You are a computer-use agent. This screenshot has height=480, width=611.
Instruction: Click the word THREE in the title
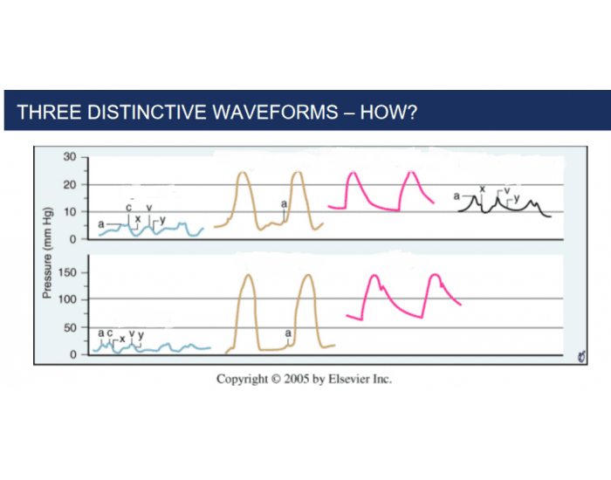click(x=45, y=113)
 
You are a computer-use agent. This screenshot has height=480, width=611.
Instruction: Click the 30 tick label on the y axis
click(x=70, y=157)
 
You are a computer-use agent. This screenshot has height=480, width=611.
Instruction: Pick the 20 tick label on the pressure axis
click(x=70, y=185)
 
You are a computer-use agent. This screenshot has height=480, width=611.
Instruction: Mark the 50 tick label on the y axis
click(x=70, y=327)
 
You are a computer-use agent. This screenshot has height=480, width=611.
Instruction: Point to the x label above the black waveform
click(x=482, y=189)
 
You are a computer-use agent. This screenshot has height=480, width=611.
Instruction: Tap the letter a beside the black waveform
click(x=456, y=197)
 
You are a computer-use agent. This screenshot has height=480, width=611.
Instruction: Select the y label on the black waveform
click(x=517, y=199)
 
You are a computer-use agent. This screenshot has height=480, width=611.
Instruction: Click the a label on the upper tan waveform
click(x=285, y=203)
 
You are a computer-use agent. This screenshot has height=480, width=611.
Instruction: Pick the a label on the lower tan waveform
click(x=288, y=333)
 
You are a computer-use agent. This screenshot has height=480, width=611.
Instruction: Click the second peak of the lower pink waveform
click(x=435, y=276)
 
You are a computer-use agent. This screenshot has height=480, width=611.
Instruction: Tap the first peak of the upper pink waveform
click(x=352, y=174)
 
